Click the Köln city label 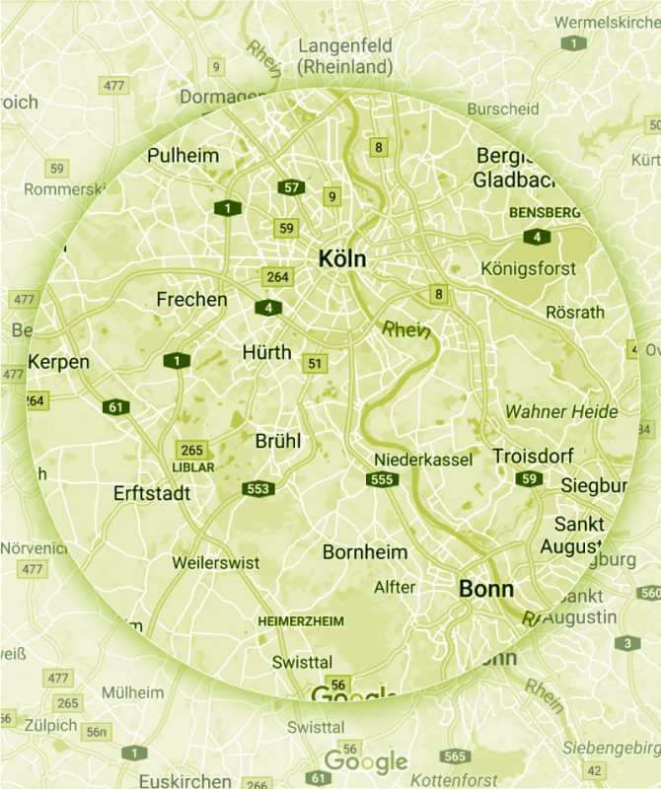coord(342,259)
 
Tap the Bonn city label coord(486,589)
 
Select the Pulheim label coord(184,156)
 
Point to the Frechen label coord(191,299)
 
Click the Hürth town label coord(266,352)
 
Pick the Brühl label coord(278,441)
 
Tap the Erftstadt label coord(152,493)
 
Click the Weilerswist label coord(215,562)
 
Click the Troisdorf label coord(533,456)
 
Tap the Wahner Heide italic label coord(560,411)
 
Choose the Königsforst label coord(528,268)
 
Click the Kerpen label coord(58,362)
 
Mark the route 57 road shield coord(290,187)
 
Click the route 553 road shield coord(259,488)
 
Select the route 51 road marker coord(315,363)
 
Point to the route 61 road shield coord(115,406)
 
